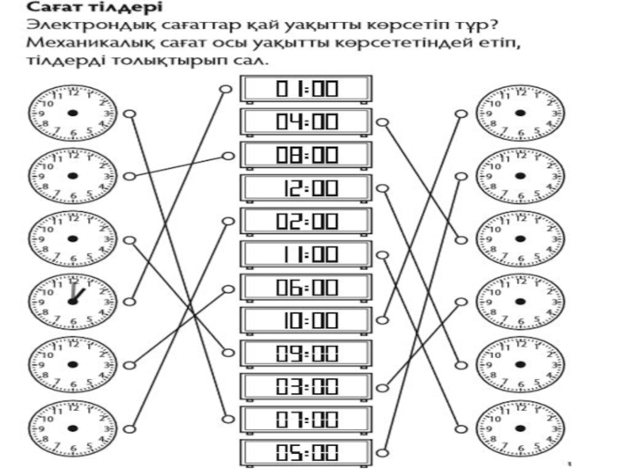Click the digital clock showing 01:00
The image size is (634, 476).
306,89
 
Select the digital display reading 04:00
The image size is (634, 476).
306,122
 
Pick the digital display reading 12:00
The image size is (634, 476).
306,188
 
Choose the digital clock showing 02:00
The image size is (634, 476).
306,221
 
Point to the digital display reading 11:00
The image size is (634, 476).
306,255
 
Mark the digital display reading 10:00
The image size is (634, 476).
306,321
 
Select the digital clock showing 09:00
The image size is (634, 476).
306,354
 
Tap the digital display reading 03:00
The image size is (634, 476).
306,387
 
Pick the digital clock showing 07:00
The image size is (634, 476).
306,420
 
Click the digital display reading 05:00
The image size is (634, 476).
306,453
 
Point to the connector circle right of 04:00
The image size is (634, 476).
382,122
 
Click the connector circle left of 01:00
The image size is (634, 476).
227,89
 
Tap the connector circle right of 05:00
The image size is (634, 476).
382,453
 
